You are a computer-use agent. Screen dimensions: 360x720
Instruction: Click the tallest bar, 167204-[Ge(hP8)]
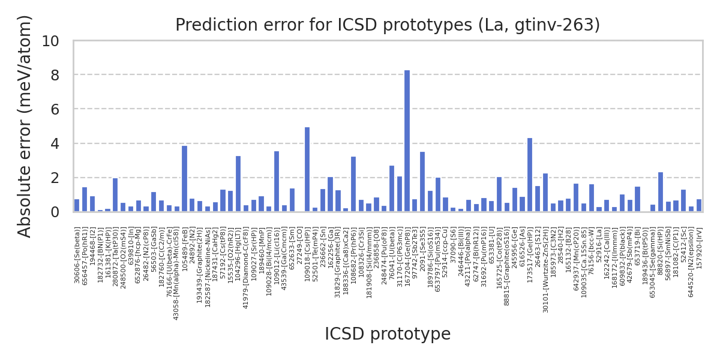[407, 141]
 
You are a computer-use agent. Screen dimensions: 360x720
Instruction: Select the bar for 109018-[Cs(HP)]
[307, 169]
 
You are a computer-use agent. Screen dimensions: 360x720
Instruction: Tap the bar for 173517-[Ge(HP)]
[530, 175]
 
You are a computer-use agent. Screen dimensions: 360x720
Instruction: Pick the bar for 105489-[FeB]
[184, 179]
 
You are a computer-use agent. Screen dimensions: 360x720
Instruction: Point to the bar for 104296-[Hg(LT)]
[238, 184]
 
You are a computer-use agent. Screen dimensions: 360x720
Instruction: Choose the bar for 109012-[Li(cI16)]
[277, 181]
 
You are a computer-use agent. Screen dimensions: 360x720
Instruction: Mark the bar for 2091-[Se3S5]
[422, 182]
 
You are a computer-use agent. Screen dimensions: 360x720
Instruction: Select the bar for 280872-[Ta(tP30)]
[115, 195]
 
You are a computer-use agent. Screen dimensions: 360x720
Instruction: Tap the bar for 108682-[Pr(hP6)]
[353, 184]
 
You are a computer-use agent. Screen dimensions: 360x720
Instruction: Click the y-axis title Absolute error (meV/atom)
[25, 126]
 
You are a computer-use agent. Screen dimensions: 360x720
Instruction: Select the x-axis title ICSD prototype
[388, 334]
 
